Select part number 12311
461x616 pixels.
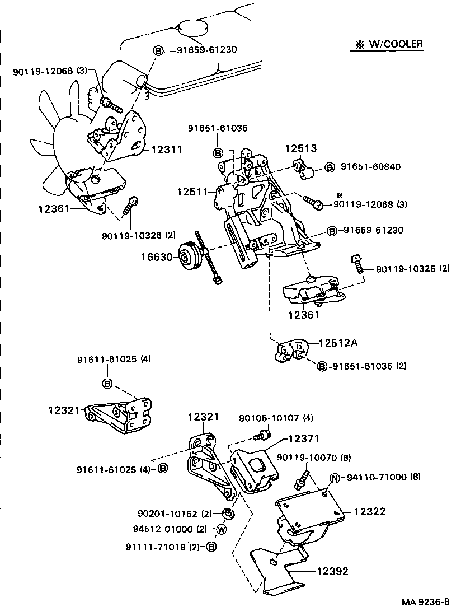[167, 150]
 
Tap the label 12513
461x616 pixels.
[301, 148]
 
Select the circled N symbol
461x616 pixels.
[335, 478]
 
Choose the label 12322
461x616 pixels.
[370, 512]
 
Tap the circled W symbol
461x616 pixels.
[221, 529]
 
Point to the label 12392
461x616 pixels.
[332, 571]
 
